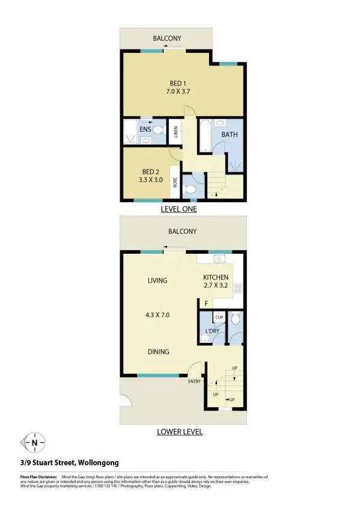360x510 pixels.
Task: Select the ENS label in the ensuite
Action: tap(145, 129)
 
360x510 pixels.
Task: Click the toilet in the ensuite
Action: tap(159, 129)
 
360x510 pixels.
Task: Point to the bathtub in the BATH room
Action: tap(204, 135)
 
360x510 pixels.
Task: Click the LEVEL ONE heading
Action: tap(178, 209)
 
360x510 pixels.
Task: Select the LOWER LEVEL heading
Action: tap(180, 431)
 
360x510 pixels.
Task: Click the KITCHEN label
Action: tap(216, 277)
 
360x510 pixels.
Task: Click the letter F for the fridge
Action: tap(206, 304)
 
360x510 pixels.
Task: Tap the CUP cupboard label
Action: tap(219, 317)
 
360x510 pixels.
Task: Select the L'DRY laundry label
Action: tap(212, 331)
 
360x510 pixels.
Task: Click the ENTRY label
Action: tap(194, 381)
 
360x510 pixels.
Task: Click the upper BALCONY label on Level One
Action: tap(166, 38)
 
